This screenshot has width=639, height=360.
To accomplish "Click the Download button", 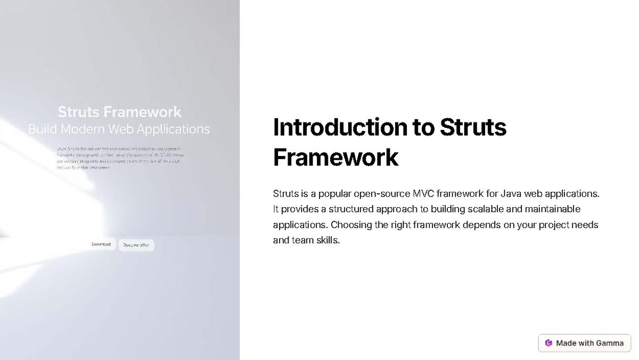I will pos(101,244).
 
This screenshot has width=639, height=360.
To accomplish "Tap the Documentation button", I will pos(136,245).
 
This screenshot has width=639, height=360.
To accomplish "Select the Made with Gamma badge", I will pos(585,343).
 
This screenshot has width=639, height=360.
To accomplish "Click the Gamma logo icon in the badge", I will pos(548,343).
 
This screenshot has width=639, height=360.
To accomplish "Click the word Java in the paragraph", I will pos(511,193).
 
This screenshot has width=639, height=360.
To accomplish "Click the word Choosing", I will pos(350,225).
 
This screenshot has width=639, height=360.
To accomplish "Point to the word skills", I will pos(327,240).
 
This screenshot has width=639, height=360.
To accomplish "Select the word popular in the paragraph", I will pos(334,193).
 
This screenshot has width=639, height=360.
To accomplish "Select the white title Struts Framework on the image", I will pos(119,112).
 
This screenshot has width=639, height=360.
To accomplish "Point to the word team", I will pos(302,240).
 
